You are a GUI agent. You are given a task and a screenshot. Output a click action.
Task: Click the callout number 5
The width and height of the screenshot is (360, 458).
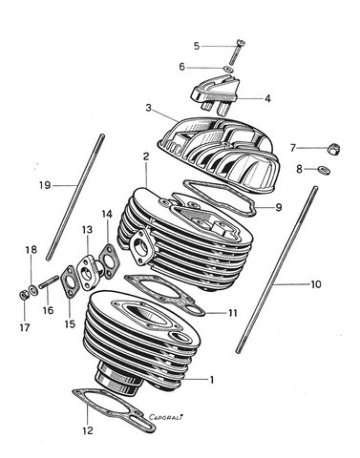pos(197,46)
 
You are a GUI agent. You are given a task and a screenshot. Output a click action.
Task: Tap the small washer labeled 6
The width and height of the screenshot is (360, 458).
pos(228,69)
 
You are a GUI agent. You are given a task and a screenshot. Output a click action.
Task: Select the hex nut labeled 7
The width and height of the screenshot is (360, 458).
pos(334,149)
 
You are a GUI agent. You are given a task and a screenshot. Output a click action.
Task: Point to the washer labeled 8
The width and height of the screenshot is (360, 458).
pos(324,169)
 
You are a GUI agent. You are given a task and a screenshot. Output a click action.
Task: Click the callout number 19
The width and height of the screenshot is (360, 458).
pos(45,185)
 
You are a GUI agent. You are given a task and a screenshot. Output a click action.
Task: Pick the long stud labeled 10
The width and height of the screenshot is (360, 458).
pos(276,269)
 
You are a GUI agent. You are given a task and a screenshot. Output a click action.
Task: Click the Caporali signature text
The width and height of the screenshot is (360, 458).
pos(166,417)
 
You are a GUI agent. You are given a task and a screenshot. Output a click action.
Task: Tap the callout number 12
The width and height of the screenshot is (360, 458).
pos(88,430)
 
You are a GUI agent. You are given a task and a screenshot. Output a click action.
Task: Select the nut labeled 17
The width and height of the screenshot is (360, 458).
pos(24,296)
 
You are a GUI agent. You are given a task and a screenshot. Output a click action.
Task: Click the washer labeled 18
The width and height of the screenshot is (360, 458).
pos(32,290)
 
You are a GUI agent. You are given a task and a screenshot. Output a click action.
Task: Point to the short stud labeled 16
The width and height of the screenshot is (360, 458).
pos(49,282)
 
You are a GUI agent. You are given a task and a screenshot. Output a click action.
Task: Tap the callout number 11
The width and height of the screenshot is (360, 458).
pos(233,313)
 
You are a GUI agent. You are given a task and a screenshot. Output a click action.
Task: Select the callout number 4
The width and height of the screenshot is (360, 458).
pos(267,98)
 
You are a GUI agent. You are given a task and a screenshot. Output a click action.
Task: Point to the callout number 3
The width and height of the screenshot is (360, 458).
pos(148,108)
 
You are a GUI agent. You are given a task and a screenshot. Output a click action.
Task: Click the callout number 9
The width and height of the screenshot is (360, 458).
pos(279,208)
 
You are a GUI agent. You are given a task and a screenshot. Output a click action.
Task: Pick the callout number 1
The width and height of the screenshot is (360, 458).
pos(212,380)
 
